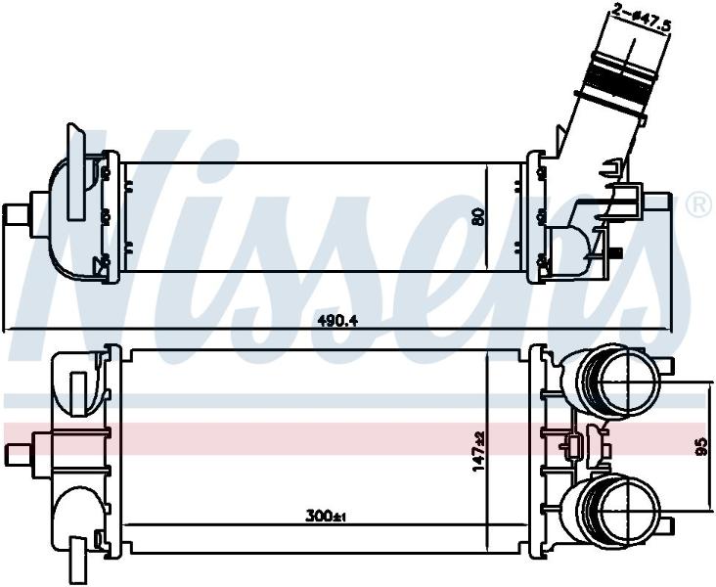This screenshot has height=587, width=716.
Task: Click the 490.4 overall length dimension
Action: (337, 321)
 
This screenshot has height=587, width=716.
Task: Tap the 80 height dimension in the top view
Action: (478, 216)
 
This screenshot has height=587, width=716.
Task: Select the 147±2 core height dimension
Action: (478, 452)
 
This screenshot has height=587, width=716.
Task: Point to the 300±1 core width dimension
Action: (326, 517)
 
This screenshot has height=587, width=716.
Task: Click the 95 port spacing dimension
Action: (702, 446)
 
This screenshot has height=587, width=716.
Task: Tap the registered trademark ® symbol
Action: (698, 205)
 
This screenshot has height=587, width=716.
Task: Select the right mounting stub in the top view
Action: (657, 202)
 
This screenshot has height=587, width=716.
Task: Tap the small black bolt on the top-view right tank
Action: (616, 252)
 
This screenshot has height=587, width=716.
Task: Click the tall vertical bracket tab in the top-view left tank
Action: (75, 172)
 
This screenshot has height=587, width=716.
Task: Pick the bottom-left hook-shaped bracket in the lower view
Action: (77, 552)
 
